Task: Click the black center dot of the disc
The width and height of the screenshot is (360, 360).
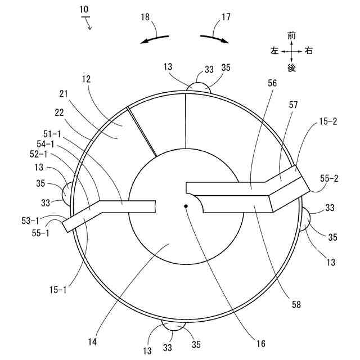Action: pyautogui.click(x=186, y=206)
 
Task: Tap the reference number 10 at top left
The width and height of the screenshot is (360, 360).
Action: pyautogui.click(x=84, y=10)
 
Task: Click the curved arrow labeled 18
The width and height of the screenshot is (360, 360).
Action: pyautogui.click(x=155, y=39)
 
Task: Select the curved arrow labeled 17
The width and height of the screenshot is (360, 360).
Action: pyautogui.click(x=214, y=39)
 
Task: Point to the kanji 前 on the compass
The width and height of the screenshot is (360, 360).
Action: pyautogui.click(x=291, y=35)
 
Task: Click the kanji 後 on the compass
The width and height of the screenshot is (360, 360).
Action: pyautogui.click(x=291, y=68)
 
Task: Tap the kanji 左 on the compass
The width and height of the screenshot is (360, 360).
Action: pyautogui.click(x=274, y=51)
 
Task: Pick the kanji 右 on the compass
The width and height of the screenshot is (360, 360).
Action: pyautogui.click(x=309, y=51)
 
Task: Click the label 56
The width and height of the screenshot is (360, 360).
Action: pyautogui.click(x=272, y=83)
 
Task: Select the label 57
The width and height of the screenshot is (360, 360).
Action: pyautogui.click(x=293, y=105)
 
